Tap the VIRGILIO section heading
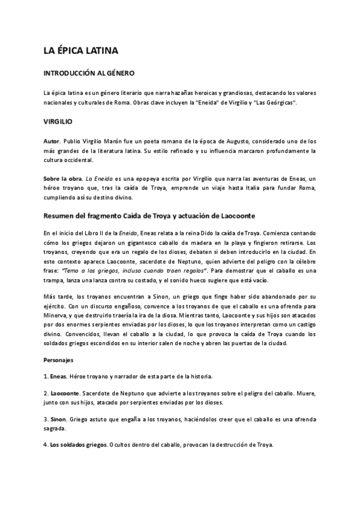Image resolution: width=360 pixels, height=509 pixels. (59, 121)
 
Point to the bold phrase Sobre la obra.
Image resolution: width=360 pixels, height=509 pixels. (63, 179)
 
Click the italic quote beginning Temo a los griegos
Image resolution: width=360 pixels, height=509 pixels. (108, 261)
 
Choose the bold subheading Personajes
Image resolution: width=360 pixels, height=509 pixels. (59, 361)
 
